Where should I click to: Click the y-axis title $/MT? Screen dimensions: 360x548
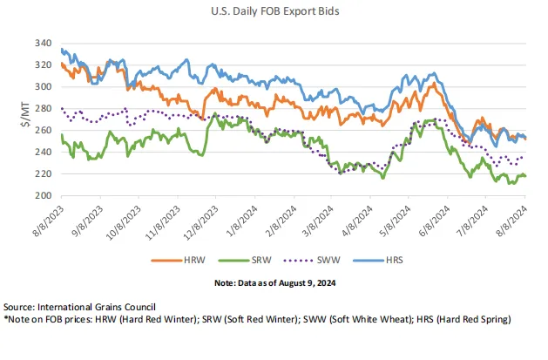pos(24,120)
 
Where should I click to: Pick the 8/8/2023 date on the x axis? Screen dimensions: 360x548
pos(48,217)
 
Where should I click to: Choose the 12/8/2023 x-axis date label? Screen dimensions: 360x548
pos(203,219)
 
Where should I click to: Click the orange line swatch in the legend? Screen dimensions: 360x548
pos(167,260)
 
